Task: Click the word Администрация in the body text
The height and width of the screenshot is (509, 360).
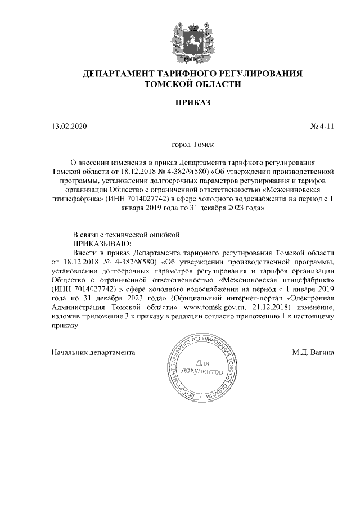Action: click(79, 308)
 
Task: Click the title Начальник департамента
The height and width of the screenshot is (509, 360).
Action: click(93, 353)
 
